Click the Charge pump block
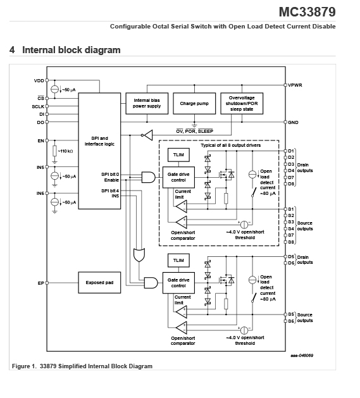pyautogui.click(x=194, y=103)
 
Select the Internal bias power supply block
pyautogui.click(x=147, y=103)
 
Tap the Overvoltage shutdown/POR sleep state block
pyautogui.click(x=242, y=103)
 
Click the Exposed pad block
pyautogui.click(x=99, y=282)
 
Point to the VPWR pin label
pyautogui.click(x=295, y=85)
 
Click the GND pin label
pyautogui.click(x=293, y=122)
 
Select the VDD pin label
pyautogui.click(x=39, y=81)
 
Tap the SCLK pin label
pyautogui.click(x=38, y=106)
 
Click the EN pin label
pyautogui.click(x=41, y=140)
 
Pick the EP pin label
pyautogui.click(x=41, y=283)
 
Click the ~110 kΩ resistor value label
pyautogui.click(x=66, y=151)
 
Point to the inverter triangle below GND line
pyautogui.click(x=148, y=135)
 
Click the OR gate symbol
pyautogui.click(x=139, y=255)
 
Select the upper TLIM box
pyautogui.click(x=178, y=155)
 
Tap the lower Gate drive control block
pyautogui.click(x=178, y=283)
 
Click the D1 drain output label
pyautogui.click(x=291, y=151)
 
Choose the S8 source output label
pyautogui.click(x=291, y=242)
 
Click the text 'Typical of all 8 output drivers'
pyautogui.click(x=231, y=145)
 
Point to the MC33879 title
pyautogui.click(x=307, y=11)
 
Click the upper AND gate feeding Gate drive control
pyautogui.click(x=149, y=177)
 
